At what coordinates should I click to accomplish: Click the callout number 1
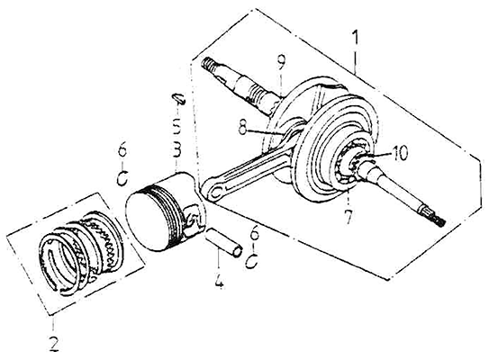(355, 39)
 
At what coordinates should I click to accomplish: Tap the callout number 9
(281, 62)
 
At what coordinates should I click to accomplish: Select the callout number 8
(244, 125)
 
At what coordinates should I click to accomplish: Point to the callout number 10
(399, 154)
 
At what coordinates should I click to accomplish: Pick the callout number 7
(348, 216)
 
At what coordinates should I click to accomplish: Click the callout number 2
(54, 343)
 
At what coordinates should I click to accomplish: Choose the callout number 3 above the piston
(177, 150)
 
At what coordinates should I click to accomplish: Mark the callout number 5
(177, 126)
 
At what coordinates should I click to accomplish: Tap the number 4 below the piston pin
(219, 282)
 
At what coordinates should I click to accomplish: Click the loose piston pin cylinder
(223, 242)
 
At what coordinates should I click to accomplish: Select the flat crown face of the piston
(146, 220)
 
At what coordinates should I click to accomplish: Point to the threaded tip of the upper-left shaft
(206, 63)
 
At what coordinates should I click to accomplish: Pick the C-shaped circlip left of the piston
(122, 177)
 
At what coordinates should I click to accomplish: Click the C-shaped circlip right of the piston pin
(252, 261)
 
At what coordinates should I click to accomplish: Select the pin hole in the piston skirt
(194, 219)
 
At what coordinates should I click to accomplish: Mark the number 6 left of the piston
(122, 152)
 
